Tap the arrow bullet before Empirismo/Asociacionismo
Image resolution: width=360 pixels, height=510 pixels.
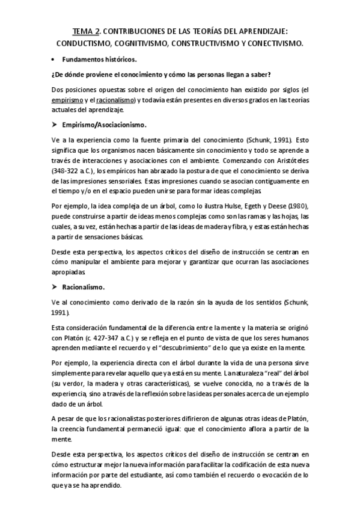(x=55, y=124)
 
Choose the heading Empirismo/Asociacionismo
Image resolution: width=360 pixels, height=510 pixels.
(x=105, y=124)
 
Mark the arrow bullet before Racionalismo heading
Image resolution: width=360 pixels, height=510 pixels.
(x=55, y=287)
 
